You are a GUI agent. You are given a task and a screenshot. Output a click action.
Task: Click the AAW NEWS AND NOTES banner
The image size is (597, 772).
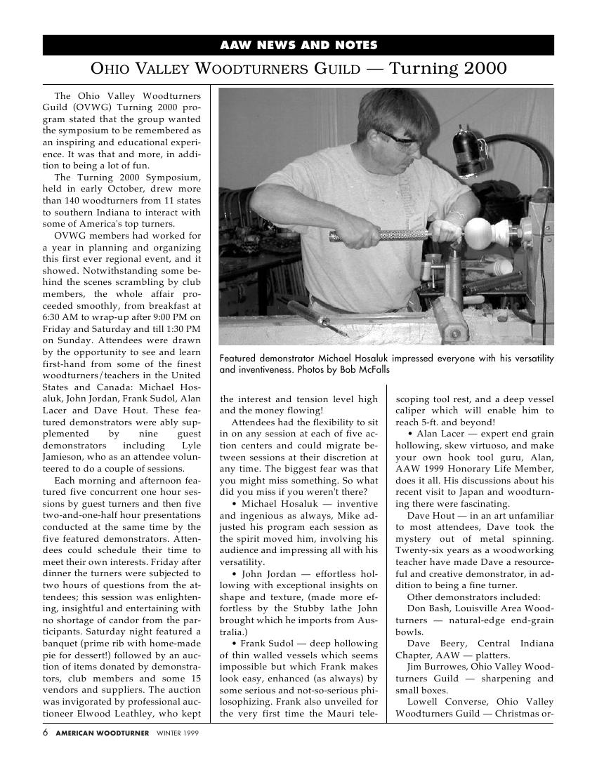(298, 46)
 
